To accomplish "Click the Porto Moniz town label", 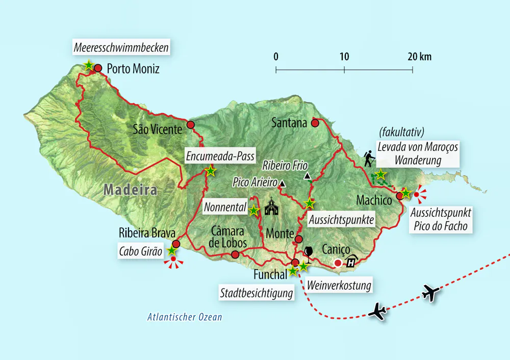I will tap(133, 68).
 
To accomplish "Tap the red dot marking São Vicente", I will tap(191, 125).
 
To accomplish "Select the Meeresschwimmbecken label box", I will tap(121, 48).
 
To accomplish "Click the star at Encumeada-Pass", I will tap(210, 171).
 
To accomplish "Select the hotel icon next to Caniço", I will tap(352, 262).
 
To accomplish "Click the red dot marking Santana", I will tap(315, 122).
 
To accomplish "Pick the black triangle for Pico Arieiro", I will tap(283, 183).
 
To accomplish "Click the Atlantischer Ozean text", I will tap(185, 317).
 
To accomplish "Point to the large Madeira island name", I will tap(130, 190).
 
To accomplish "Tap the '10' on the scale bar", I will tap(344, 57).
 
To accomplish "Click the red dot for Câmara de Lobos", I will tap(235, 254).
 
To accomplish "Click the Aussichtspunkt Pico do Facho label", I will tap(440, 219).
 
